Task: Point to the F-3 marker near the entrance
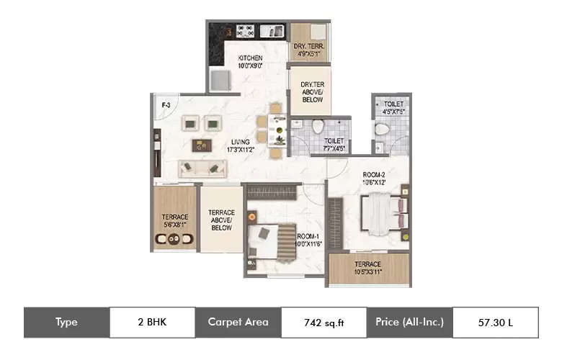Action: pos(166,106)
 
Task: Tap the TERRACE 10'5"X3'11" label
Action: pos(368,269)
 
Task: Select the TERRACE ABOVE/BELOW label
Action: pos(221,220)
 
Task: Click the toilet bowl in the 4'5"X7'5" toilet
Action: pos(383,129)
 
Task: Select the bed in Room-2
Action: pos(378,214)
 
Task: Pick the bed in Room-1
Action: pos(274,240)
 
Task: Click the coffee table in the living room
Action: pos(202,145)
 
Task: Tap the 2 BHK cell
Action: pos(152,323)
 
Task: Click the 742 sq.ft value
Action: pos(324,323)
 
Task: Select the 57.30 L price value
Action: pos(495,323)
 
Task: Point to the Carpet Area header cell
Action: pos(238,323)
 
